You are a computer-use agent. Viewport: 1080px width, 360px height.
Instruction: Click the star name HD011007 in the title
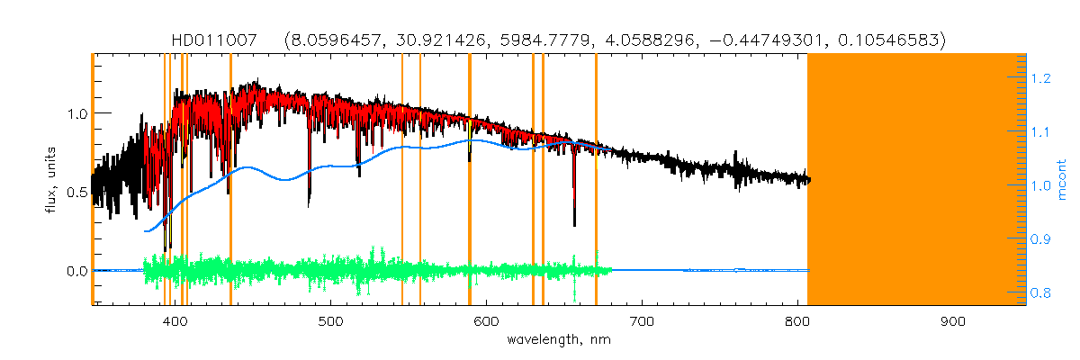(x=214, y=40)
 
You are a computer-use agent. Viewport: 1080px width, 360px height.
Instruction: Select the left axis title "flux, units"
(x=52, y=180)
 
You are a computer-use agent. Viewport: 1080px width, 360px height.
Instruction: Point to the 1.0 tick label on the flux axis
(x=76, y=114)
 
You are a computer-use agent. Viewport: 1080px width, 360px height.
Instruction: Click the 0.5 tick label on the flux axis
(x=76, y=193)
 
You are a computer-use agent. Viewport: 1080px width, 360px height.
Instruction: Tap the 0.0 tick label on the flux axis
(x=76, y=271)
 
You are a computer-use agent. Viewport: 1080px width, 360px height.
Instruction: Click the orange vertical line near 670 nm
(x=596, y=180)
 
